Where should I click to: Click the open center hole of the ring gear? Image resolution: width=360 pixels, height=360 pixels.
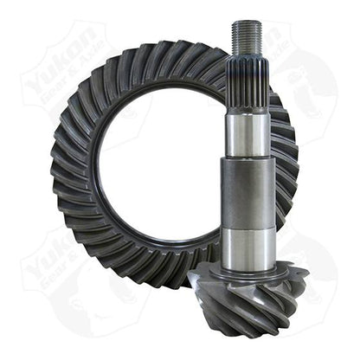pyautogui.click(x=164, y=164)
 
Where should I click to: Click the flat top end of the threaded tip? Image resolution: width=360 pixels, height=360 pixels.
pyautogui.click(x=247, y=23)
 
